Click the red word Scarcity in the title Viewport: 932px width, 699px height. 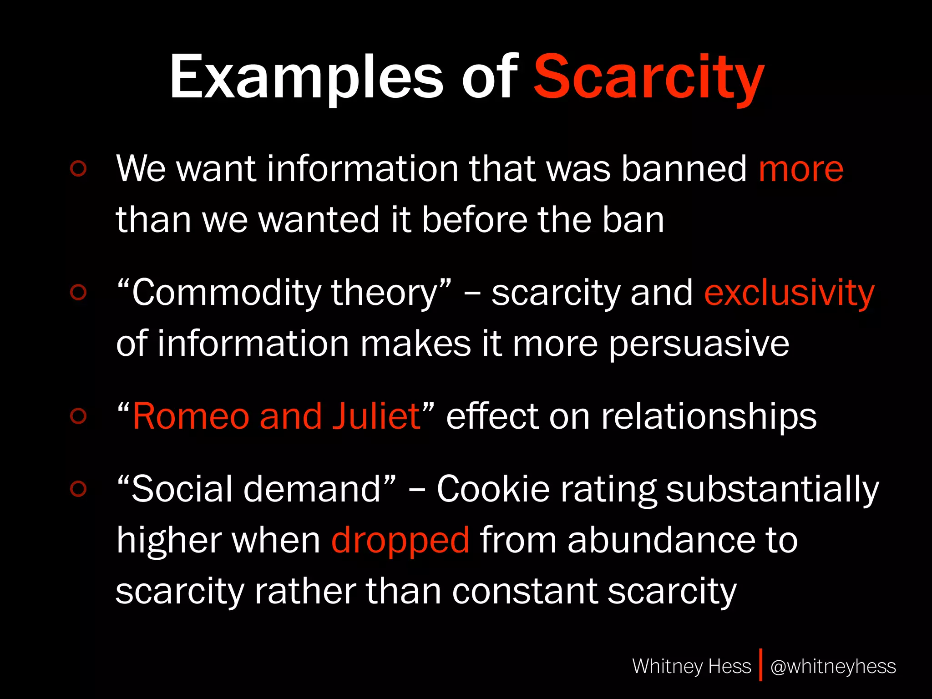[648, 77]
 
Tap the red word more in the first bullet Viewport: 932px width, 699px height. [801, 169]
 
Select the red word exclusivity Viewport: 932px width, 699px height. [789, 294]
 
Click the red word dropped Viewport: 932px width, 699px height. [400, 541]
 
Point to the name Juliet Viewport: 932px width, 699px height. [376, 416]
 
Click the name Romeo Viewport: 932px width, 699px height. [191, 416]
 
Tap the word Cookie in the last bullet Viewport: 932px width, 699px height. [493, 490]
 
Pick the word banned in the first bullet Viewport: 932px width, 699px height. [684, 169]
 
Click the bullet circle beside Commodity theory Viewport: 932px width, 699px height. [78, 293]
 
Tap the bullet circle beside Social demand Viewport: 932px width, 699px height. [78, 489]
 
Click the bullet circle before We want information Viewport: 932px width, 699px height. [78, 168]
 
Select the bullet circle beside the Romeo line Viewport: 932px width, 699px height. [78, 416]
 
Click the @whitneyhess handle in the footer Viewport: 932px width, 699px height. [833, 667]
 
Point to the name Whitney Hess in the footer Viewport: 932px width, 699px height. [691, 667]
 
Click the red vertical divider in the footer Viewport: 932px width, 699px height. [760, 665]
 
